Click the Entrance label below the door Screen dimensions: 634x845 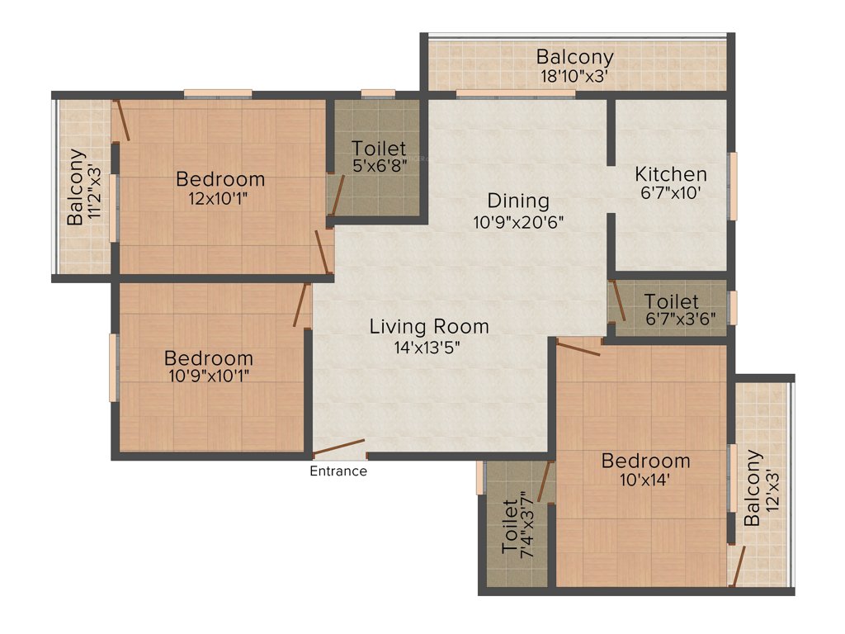click(x=338, y=471)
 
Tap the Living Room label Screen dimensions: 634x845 click(x=428, y=326)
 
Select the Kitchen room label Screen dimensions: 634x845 click(x=670, y=174)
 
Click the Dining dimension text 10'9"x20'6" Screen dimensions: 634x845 click(x=517, y=221)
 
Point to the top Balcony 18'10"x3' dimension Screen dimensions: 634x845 click(x=575, y=78)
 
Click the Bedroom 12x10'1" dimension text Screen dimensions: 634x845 click(x=220, y=199)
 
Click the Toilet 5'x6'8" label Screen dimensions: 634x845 click(x=379, y=149)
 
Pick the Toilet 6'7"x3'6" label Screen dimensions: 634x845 click(x=672, y=302)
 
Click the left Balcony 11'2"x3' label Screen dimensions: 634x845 click(x=76, y=187)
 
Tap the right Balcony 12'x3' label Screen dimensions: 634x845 click(x=752, y=487)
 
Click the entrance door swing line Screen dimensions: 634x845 click(x=339, y=447)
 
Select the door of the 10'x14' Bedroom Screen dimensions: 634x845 click(x=578, y=348)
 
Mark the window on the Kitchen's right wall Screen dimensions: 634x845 click(x=732, y=186)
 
